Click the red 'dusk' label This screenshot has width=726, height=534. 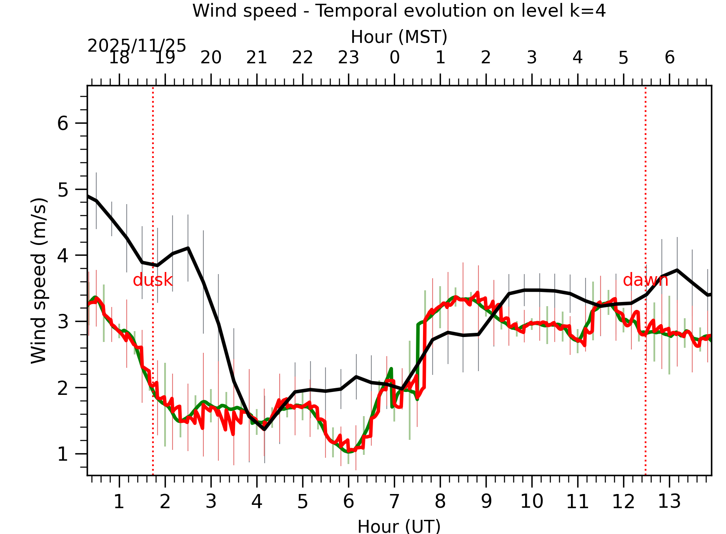pos(153,280)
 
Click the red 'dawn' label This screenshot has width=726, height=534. pos(645,280)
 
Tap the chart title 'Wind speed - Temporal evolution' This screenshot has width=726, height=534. pos(399,10)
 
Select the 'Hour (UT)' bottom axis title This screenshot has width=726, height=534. pos(399,526)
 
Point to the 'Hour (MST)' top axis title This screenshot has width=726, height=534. pos(399,37)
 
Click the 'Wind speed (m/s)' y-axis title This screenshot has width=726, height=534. pos(39,281)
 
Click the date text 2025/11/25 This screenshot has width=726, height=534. pos(137,46)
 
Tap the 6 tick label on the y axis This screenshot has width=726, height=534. pos(63,123)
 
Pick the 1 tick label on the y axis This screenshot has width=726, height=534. pos(63,454)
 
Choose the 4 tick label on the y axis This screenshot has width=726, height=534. pos(63,255)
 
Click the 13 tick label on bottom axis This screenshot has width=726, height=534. pos(669,501)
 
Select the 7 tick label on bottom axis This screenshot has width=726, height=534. pos(394,501)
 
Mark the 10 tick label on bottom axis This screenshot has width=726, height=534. pos(531,501)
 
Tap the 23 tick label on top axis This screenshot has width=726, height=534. pos(348,57)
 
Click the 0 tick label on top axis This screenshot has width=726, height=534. pos(394,57)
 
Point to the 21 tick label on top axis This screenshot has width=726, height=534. pos(257,57)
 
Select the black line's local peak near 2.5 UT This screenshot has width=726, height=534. pos(188,248)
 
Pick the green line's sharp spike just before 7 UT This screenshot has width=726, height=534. pos(391,369)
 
